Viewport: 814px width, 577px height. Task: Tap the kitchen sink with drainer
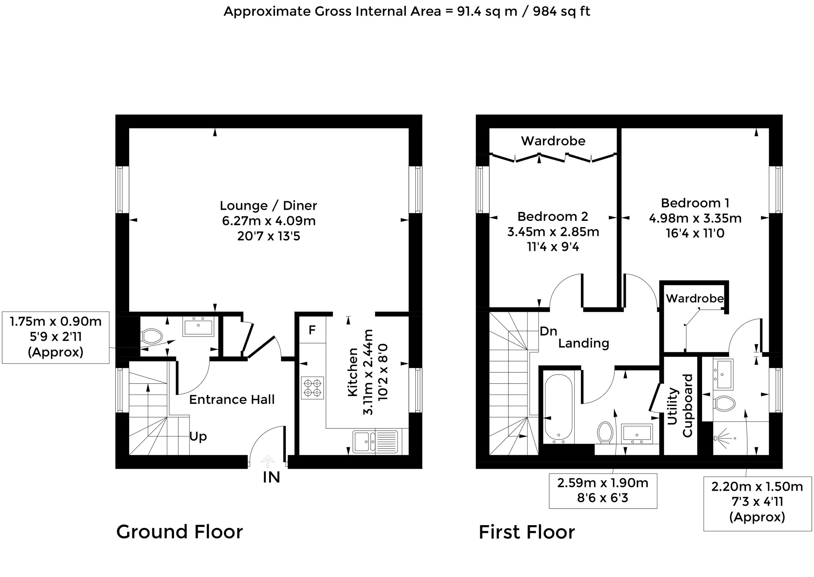pos(375,442)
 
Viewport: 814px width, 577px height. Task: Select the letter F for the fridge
pos(312,330)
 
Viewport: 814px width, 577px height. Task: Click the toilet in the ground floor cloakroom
pos(152,336)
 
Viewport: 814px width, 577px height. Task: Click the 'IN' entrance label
pos(272,477)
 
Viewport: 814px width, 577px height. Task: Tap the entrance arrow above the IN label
pos(268,462)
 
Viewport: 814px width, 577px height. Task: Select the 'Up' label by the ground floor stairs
pos(198,437)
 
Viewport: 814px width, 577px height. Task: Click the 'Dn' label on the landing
pos(548,331)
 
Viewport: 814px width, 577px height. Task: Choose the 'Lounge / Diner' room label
pos(268,205)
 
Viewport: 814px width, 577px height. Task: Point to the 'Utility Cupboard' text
pos(679,405)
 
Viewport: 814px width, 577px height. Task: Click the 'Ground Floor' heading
pos(180,532)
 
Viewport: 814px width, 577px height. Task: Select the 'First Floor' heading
pos(527,532)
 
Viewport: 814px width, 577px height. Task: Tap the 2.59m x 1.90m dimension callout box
pos(603,491)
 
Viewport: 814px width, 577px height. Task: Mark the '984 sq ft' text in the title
pos(562,11)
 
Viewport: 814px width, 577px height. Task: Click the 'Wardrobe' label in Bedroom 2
pos(553,141)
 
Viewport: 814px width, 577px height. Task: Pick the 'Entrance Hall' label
pos(232,400)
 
